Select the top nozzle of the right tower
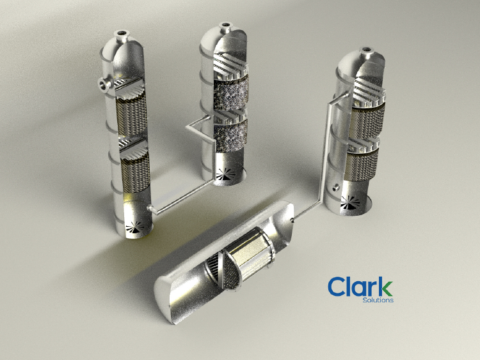(x=366, y=52)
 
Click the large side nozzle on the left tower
(x=104, y=84)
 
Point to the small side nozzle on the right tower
(x=336, y=187)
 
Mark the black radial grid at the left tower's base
(x=135, y=227)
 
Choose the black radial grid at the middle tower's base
(x=226, y=174)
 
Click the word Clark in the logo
(x=360, y=286)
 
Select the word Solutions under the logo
(x=378, y=300)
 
